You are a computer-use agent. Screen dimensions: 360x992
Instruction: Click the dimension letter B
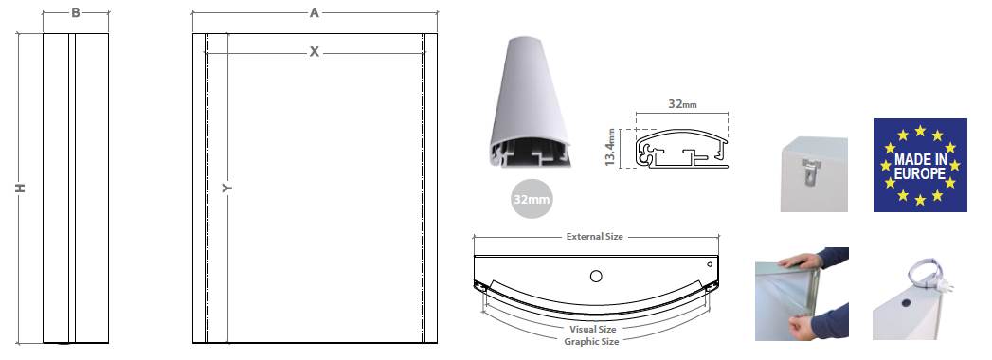pyautogui.click(x=76, y=13)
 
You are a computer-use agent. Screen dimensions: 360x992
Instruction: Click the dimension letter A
pyautogui.click(x=314, y=13)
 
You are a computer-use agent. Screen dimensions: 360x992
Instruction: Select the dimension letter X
pyautogui.click(x=314, y=52)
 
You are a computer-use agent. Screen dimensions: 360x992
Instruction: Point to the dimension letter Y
pyautogui.click(x=226, y=189)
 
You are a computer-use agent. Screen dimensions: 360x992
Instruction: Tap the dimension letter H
pyautogui.click(x=20, y=189)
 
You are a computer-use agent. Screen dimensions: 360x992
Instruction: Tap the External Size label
pyautogui.click(x=594, y=236)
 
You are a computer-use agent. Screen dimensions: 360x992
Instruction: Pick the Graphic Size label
pyautogui.click(x=592, y=341)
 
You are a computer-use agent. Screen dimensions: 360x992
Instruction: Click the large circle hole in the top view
pyautogui.click(x=595, y=276)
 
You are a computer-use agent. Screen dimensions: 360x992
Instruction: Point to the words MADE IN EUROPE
pyautogui.click(x=919, y=165)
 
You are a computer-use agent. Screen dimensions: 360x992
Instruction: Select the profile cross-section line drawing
pyautogui.click(x=681, y=150)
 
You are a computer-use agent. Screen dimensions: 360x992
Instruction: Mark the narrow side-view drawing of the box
pyautogui.click(x=77, y=189)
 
